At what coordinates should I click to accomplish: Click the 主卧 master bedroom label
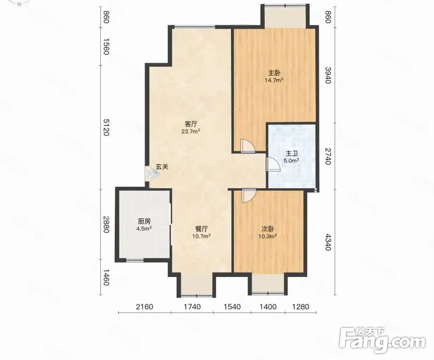click(274, 73)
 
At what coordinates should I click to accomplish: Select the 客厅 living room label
click(191, 124)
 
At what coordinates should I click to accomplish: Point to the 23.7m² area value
click(191, 131)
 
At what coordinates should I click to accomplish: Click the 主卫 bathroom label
click(291, 153)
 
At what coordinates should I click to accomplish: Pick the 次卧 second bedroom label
click(268, 229)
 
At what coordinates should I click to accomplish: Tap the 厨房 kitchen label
click(144, 221)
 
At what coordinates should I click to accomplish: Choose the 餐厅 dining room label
click(201, 229)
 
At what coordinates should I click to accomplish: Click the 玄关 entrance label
click(162, 167)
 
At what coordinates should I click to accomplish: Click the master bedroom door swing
click(248, 146)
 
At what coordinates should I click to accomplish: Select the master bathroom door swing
click(273, 164)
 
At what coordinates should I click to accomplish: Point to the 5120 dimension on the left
click(106, 127)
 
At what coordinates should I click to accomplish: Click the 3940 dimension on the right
click(328, 75)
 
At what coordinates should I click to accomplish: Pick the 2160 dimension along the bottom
click(144, 307)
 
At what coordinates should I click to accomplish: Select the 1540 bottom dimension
click(232, 307)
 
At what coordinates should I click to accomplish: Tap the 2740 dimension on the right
click(328, 156)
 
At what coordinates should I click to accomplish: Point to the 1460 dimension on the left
click(106, 278)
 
